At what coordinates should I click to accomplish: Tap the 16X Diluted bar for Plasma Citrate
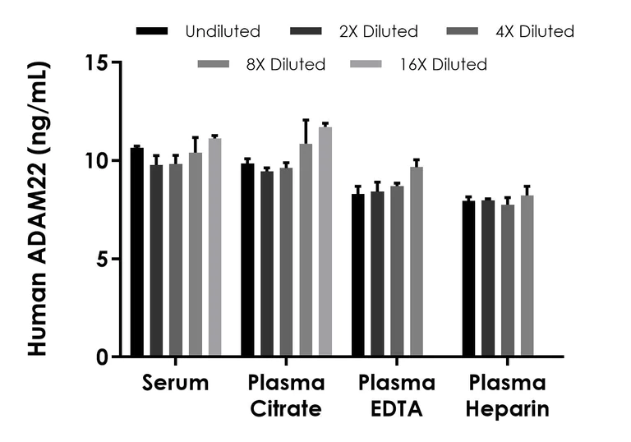(325, 242)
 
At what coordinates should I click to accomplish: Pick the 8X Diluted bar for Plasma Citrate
(306, 251)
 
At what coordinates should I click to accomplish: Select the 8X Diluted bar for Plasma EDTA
(417, 261)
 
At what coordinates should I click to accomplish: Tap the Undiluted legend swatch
(154, 32)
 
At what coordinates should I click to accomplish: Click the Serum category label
(175, 384)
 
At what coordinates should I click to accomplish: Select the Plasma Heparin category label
(508, 396)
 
